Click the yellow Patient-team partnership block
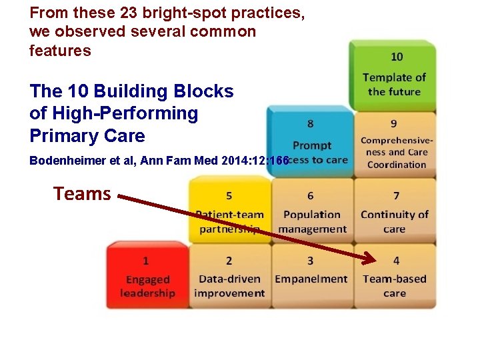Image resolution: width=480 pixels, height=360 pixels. click(x=229, y=212)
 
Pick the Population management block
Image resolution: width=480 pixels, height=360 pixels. click(x=311, y=212)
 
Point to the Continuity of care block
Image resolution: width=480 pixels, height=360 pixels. click(x=395, y=212)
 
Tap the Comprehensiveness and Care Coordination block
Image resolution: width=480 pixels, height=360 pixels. click(x=396, y=143)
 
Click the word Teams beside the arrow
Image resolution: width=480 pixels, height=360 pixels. click(x=82, y=194)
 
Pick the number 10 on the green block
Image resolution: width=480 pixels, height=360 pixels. click(x=397, y=57)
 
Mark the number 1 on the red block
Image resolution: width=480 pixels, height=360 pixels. click(x=146, y=261)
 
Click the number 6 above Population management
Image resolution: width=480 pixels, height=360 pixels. click(x=311, y=196)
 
